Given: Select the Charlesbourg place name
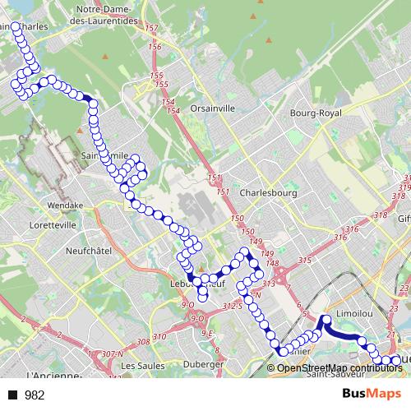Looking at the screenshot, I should [269, 193].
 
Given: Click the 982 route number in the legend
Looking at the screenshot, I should [35, 395].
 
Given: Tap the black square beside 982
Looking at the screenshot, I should [12, 395].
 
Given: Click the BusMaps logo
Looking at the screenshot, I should [372, 395].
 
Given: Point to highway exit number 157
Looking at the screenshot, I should [150, 29].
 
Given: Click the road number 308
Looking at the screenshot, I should [144, 340].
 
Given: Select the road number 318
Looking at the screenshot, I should [380, 215].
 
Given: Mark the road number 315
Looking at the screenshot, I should [306, 261].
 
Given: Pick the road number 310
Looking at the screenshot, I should [159, 337].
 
